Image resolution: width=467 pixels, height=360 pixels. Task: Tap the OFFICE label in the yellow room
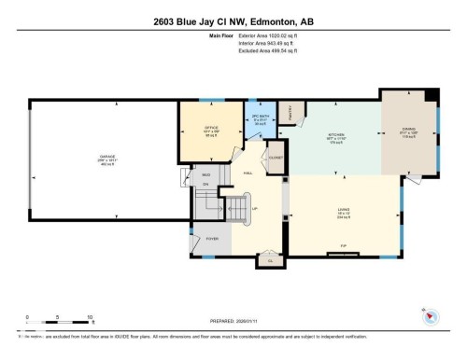[211, 129]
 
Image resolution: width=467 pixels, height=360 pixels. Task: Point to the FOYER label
[212, 239]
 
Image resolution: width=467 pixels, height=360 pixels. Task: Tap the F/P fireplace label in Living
[342, 251]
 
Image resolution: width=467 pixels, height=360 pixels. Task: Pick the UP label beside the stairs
[253, 209]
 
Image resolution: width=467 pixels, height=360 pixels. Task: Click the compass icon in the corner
[431, 317]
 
